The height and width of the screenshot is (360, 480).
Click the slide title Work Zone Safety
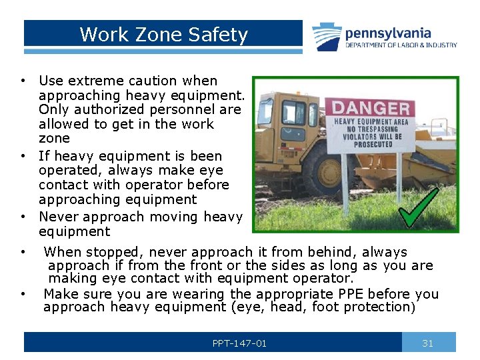[x=163, y=35]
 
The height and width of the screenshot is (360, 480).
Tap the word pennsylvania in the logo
[x=388, y=33]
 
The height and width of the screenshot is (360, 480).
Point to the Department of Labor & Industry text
[x=401, y=45]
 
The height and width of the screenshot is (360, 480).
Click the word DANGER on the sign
[x=371, y=108]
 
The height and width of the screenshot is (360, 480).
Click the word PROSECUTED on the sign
[x=373, y=144]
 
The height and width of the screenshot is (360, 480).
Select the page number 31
[x=428, y=343]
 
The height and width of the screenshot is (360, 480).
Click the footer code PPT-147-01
[x=239, y=343]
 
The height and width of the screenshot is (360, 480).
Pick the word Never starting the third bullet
[x=56, y=217]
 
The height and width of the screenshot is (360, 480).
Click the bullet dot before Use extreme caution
[x=23, y=81]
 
